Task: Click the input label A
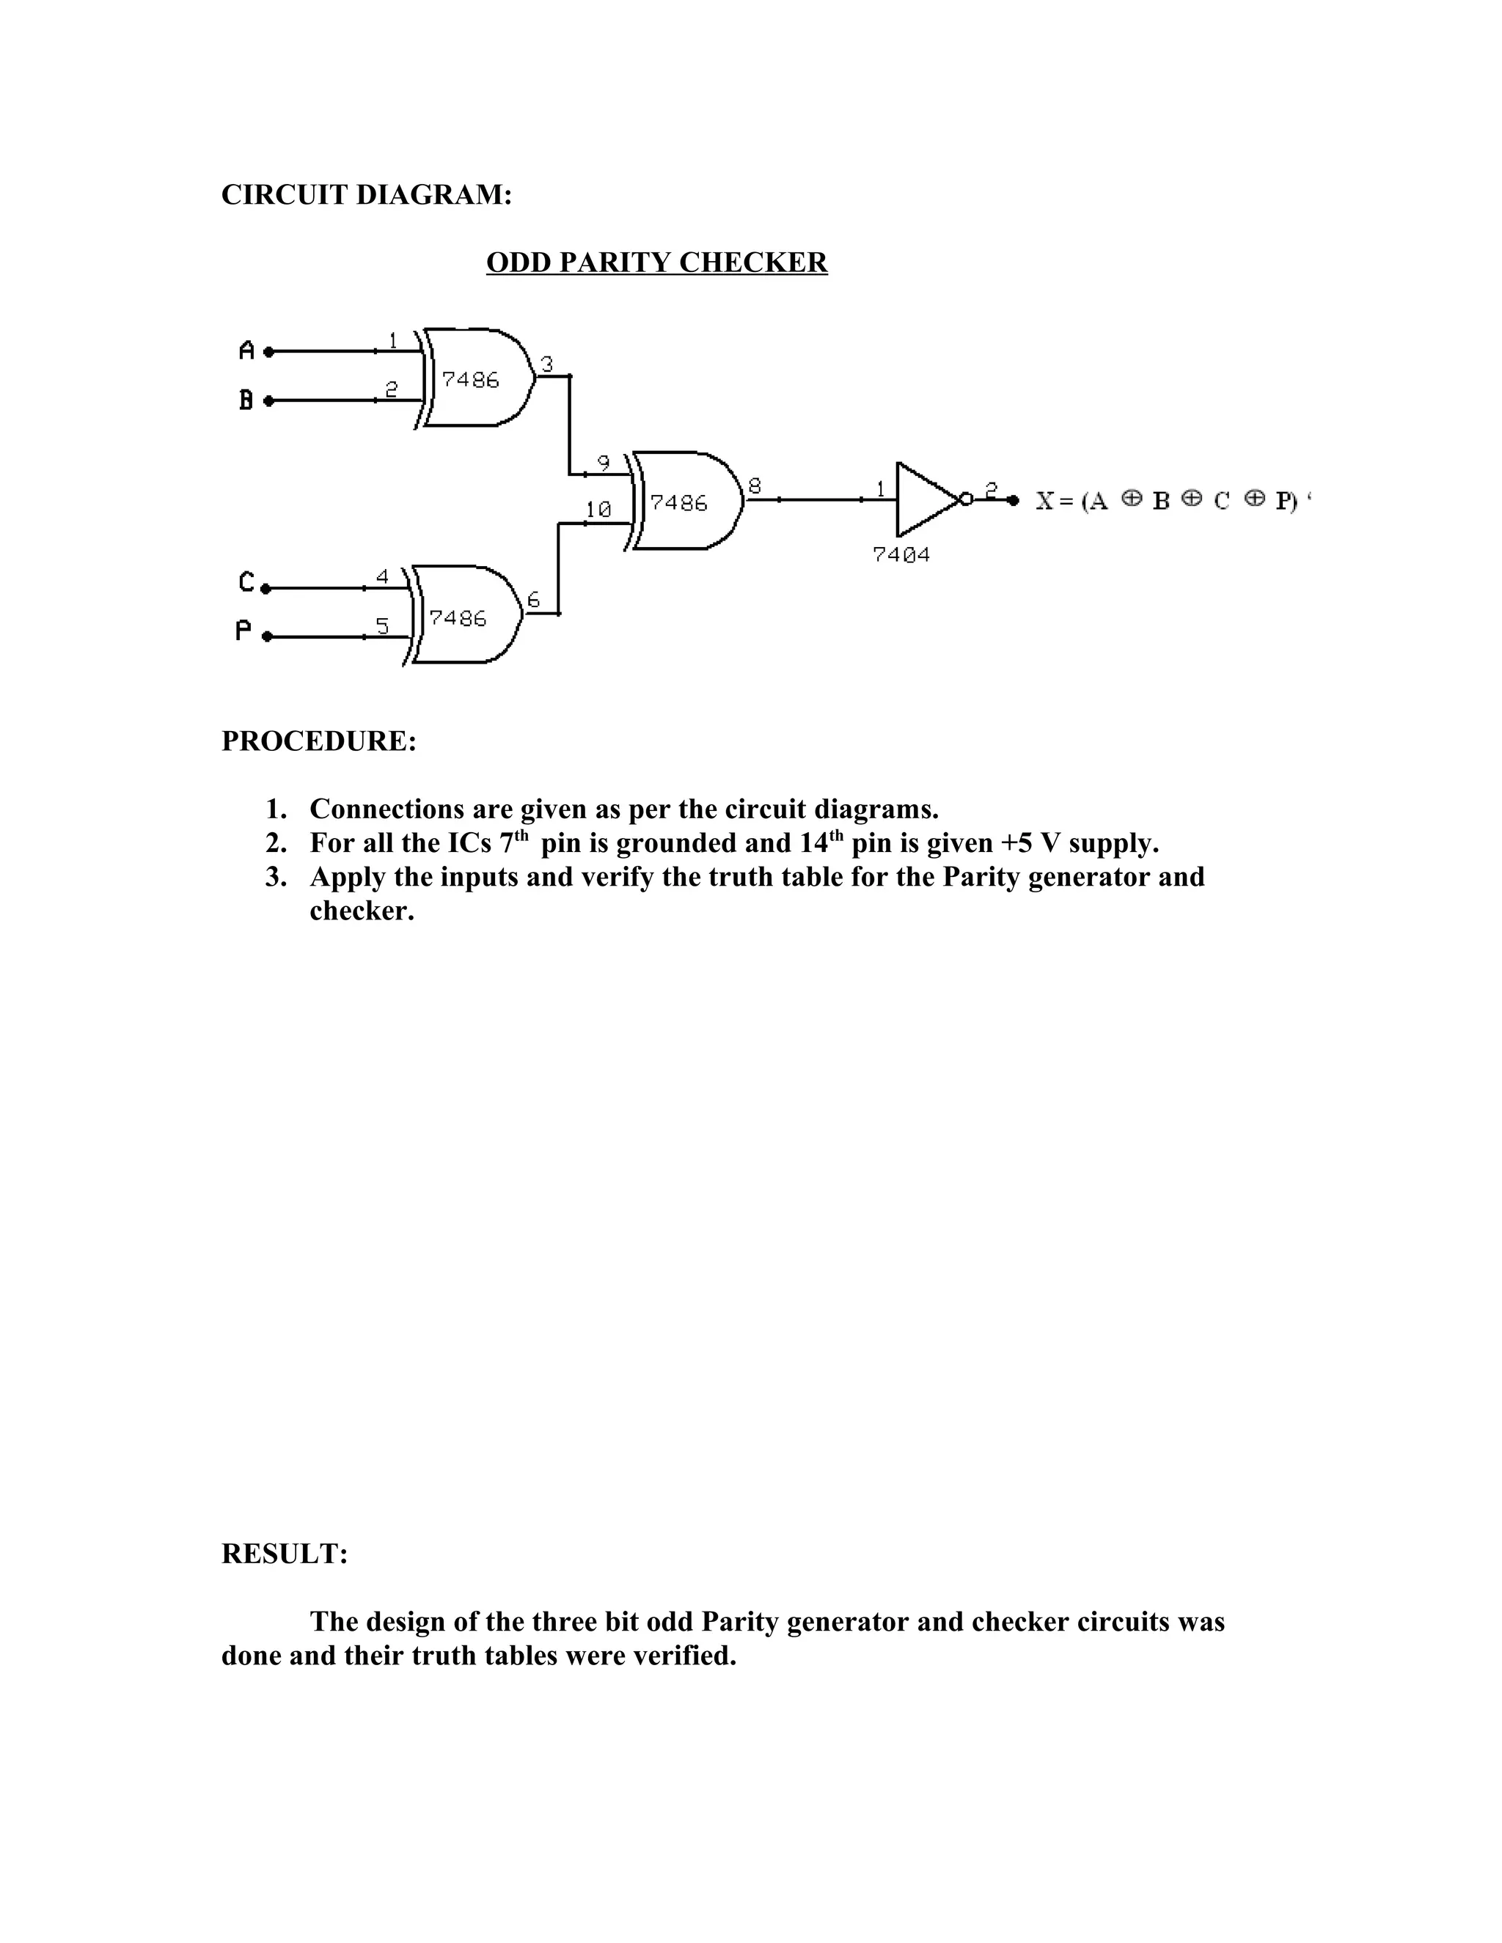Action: click(247, 350)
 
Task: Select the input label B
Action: click(246, 400)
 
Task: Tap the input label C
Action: click(246, 583)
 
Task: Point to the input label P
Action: click(243, 631)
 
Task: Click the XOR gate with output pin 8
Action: click(684, 501)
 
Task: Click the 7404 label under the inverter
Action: click(901, 555)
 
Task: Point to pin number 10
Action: click(598, 510)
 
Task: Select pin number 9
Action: click(604, 463)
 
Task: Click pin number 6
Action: click(534, 600)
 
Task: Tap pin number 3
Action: click(547, 363)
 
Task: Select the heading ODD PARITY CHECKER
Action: click(656, 262)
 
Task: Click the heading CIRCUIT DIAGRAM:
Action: click(367, 195)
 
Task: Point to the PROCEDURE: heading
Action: click(318, 741)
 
